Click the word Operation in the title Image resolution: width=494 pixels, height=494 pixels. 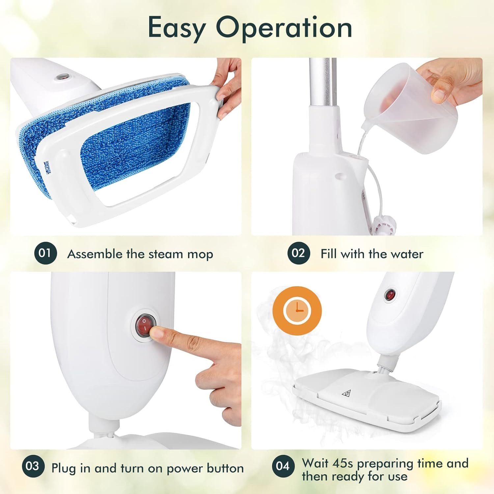coord(284,28)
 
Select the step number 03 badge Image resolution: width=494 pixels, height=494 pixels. coord(33,466)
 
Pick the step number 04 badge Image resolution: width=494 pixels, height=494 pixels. coord(283,466)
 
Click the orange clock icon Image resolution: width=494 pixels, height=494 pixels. coord(297,311)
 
